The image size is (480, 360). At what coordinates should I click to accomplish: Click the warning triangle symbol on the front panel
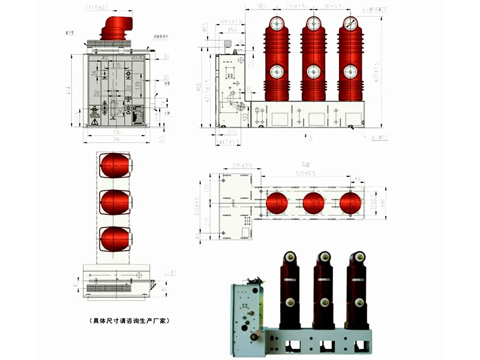(95, 122)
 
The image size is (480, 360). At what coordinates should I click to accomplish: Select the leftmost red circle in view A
(277, 203)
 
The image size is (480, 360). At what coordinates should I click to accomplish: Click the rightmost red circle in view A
(350, 203)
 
